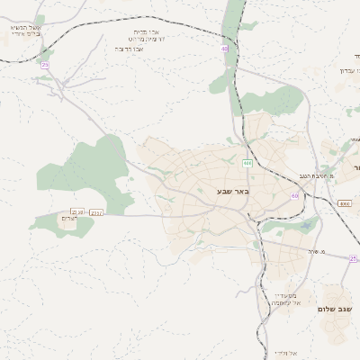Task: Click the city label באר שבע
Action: tap(231, 191)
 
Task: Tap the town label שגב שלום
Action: tap(335, 309)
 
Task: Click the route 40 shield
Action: tap(224, 49)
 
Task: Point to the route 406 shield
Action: tap(247, 163)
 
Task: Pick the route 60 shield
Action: tap(294, 195)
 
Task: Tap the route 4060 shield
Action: tap(345, 204)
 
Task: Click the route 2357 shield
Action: tap(97, 212)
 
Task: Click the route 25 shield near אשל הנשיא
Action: tap(45, 65)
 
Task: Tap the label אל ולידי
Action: tap(286, 353)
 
